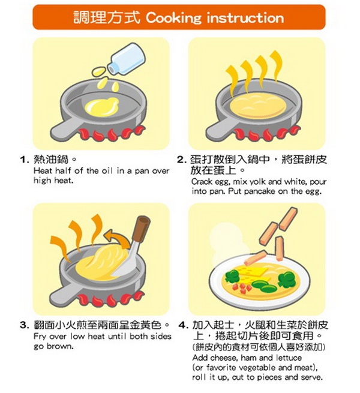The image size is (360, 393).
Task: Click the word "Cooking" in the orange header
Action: point(173,18)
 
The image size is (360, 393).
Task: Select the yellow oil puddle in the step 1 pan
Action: point(101,107)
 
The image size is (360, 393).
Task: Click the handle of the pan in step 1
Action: point(65,130)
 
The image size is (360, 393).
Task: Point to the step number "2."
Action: point(182,160)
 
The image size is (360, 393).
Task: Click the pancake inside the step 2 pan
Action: point(258,106)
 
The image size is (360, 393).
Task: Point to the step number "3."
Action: point(25,325)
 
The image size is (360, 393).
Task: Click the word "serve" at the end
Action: point(311,377)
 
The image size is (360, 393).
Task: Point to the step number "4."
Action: point(183,325)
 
